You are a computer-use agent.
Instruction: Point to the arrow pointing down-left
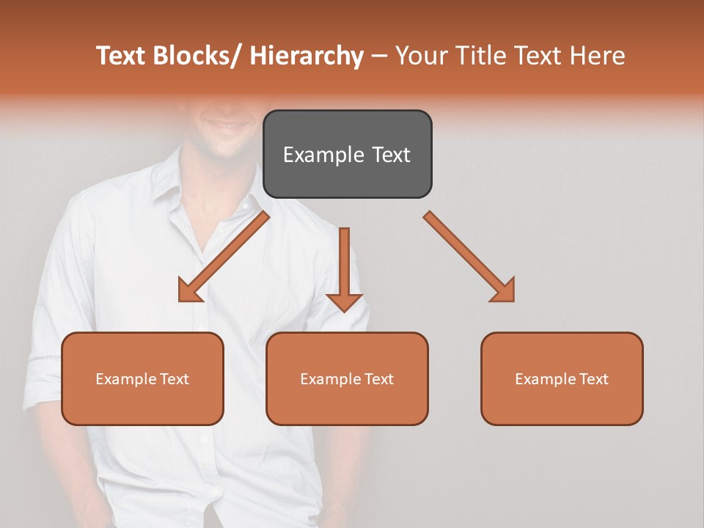coord(220,260)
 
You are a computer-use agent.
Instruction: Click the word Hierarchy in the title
coord(307,56)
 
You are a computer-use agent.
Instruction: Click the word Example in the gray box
coord(323,155)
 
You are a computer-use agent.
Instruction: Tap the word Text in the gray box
coord(390,155)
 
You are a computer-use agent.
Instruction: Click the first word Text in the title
coord(121,56)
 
